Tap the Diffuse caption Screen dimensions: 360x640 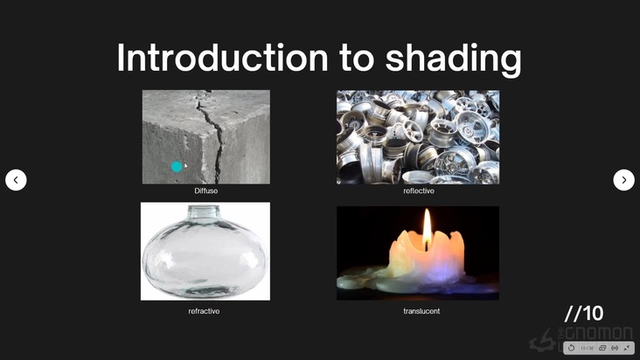206,190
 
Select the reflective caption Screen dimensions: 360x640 418,190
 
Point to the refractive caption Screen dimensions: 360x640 204,310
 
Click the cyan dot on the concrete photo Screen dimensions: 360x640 177,167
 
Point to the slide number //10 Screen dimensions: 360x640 584,314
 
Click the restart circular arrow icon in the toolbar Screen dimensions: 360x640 571,348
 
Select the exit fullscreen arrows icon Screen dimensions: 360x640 627,348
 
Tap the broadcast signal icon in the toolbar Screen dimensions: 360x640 615,348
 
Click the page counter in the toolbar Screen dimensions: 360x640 587,348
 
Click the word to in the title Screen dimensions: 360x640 354,59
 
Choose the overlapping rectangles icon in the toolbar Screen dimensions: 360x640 602,348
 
